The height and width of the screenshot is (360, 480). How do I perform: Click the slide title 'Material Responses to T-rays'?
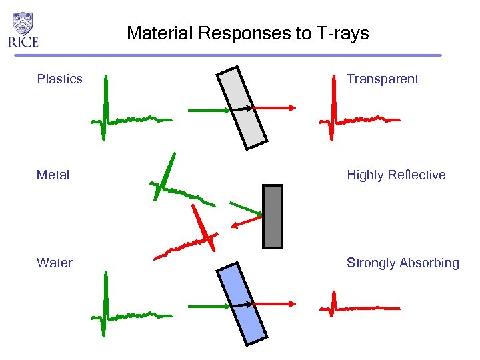(x=247, y=33)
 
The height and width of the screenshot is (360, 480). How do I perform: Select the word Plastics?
(x=60, y=79)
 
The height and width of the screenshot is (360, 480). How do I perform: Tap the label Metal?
(x=53, y=175)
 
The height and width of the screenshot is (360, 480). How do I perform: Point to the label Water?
(x=55, y=263)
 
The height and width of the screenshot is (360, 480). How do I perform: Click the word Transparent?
(x=382, y=79)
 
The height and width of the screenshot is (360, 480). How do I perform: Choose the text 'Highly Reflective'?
(x=396, y=175)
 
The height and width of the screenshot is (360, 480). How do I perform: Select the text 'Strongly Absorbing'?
(x=403, y=263)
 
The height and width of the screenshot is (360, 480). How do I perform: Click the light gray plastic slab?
(x=242, y=105)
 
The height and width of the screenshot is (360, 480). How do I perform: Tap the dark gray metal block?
(x=273, y=217)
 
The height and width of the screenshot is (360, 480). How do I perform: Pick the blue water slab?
(x=242, y=303)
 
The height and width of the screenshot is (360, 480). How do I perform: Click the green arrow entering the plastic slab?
(x=208, y=109)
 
